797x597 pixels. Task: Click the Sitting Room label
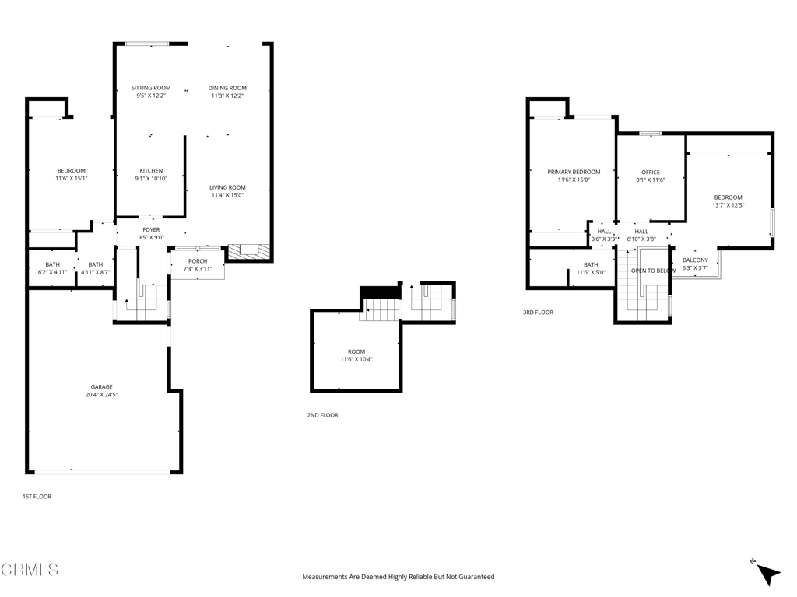point(151,88)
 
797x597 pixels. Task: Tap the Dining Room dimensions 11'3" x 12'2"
point(227,96)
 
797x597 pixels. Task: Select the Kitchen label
point(152,171)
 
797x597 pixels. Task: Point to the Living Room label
point(228,187)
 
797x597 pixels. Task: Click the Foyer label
point(152,230)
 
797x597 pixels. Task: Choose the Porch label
point(198,261)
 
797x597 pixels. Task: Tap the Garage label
point(102,387)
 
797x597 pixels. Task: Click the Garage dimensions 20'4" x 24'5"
point(102,394)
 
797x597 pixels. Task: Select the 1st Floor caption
point(37,497)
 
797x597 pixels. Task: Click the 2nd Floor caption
point(323,415)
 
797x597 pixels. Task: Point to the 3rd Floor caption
point(539,312)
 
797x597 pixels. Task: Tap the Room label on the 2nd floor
point(356,352)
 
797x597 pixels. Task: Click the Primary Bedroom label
point(574,172)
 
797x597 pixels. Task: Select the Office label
point(651,173)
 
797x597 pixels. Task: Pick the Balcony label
point(695,260)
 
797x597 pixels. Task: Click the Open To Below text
point(654,271)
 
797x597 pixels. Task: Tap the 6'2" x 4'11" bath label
point(52,272)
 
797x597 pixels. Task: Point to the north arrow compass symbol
point(767,573)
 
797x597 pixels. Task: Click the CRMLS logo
point(30,570)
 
